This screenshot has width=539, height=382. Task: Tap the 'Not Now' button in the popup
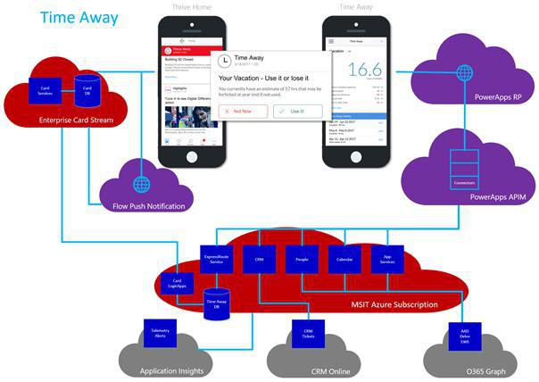(x=241, y=111)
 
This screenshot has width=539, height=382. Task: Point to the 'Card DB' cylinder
(x=87, y=88)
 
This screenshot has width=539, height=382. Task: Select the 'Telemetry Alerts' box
(x=159, y=331)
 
